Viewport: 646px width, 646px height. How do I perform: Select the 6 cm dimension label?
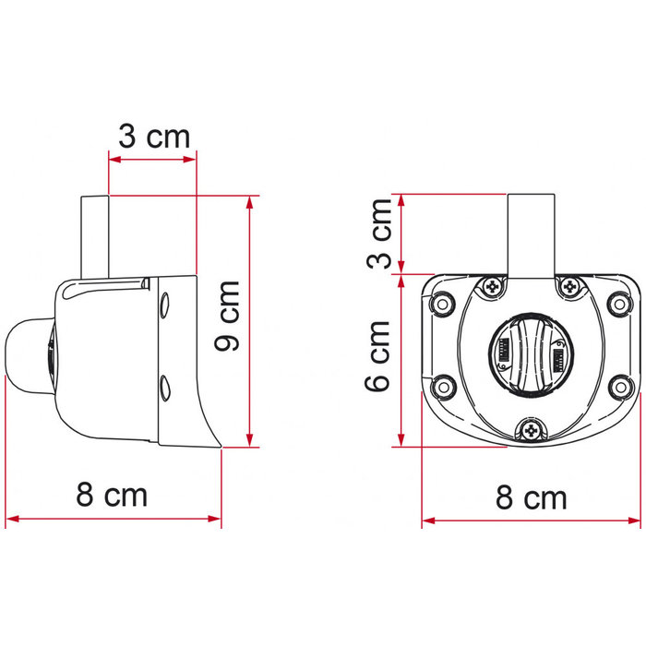tap(377, 356)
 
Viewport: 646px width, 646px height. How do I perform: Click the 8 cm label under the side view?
tap(112, 495)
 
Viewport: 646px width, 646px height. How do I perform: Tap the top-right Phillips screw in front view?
tap(567, 288)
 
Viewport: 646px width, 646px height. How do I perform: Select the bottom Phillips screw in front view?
tap(531, 426)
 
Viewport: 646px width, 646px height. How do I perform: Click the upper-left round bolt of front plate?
tap(443, 302)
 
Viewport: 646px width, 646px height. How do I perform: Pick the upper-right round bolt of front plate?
tap(619, 302)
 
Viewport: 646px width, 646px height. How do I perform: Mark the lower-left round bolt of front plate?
tap(443, 388)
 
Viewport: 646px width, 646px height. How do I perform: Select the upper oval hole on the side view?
tap(164, 302)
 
